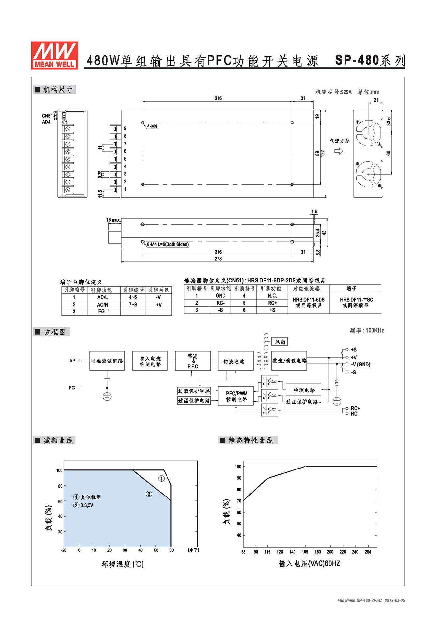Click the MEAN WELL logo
pos(55,55)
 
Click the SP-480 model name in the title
pos(357,60)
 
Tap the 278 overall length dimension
pos(218,259)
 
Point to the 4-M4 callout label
pos(152,126)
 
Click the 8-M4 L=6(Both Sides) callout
pos(168,244)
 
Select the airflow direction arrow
pos(339,151)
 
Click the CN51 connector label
pos(47,116)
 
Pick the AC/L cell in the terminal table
pos(102,297)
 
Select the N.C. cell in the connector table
pos(272,296)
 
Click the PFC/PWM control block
pos(236,396)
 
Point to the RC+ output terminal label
pos(355,408)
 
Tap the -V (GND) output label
pos(360,365)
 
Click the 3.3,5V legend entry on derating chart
pos(87,505)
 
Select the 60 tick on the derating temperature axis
pos(171,550)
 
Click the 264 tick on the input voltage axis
pos(368,552)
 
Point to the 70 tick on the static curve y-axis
pos(239,501)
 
